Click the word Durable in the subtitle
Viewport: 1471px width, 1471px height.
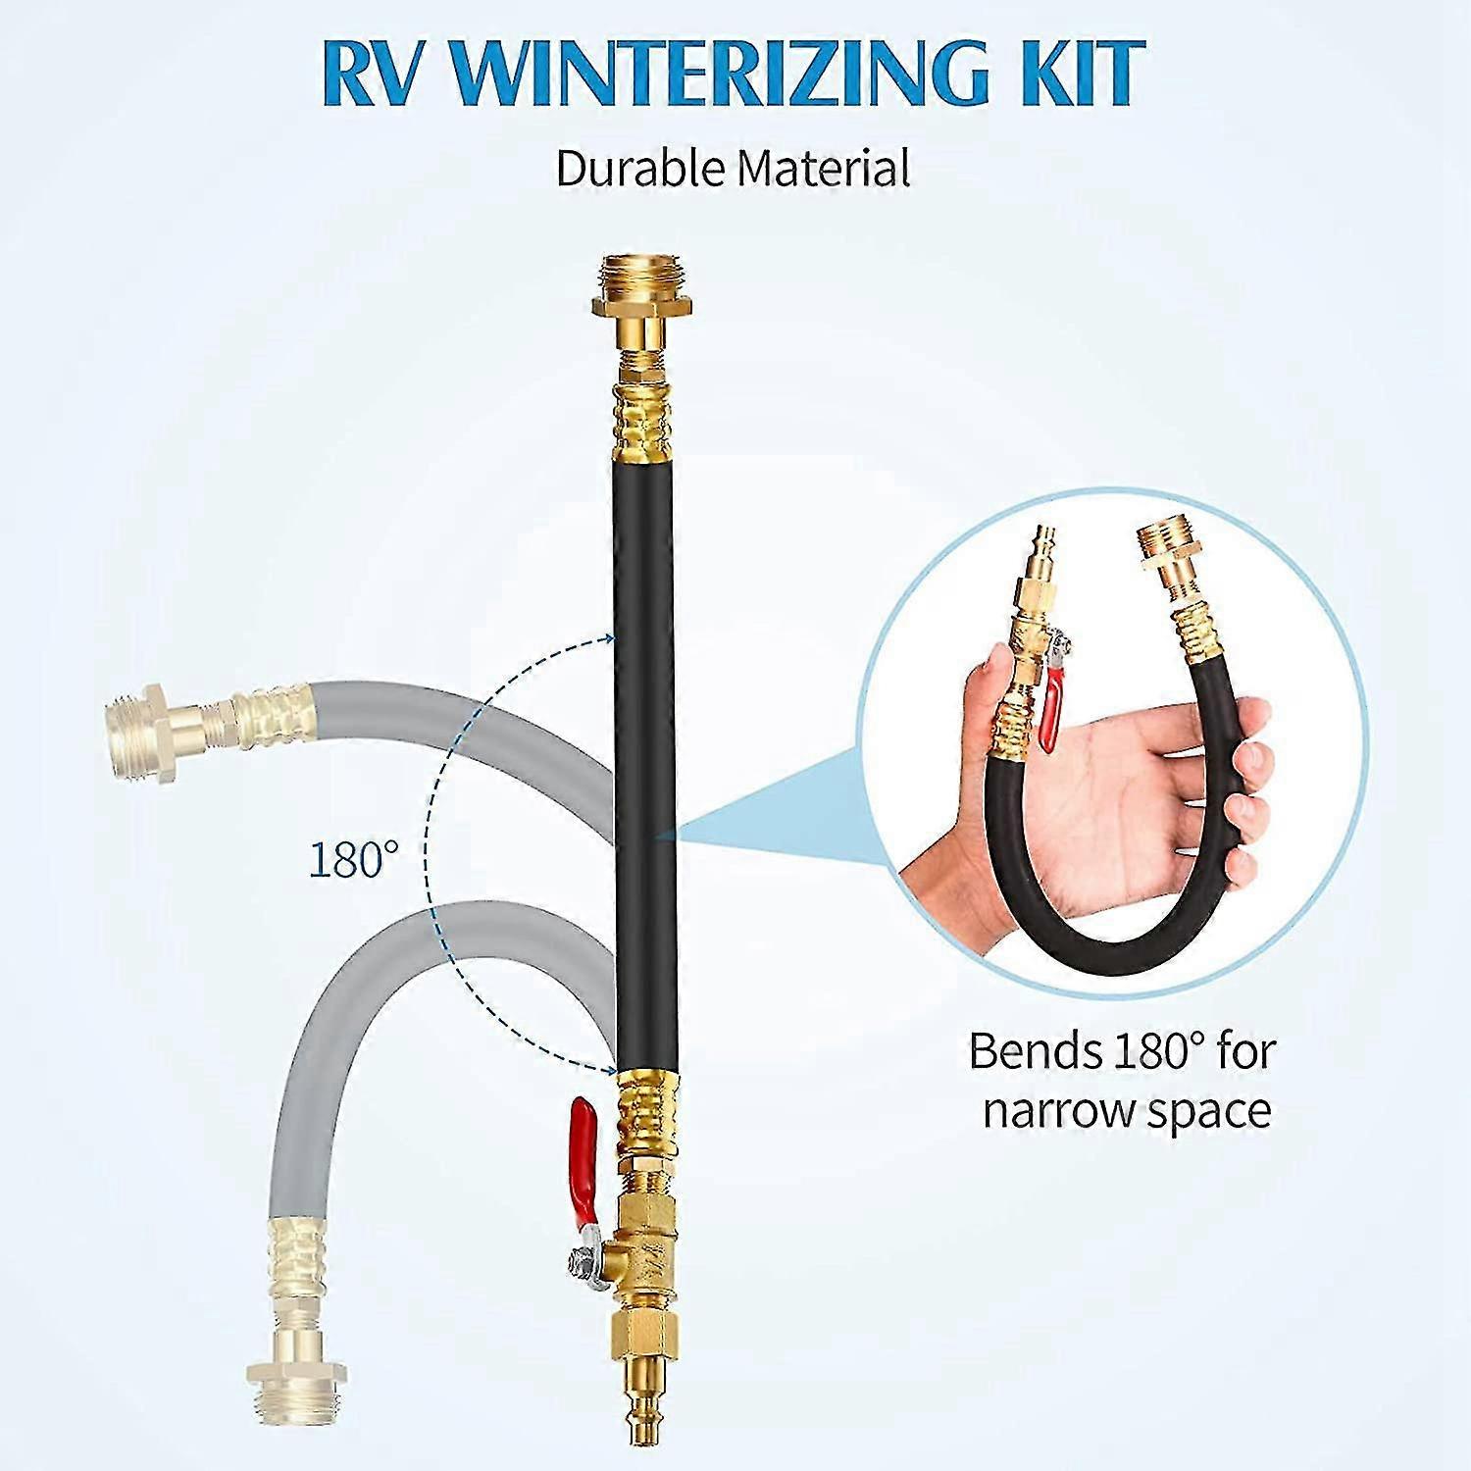642,168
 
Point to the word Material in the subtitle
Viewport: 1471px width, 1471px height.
824,168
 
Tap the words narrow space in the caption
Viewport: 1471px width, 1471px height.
1127,1111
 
